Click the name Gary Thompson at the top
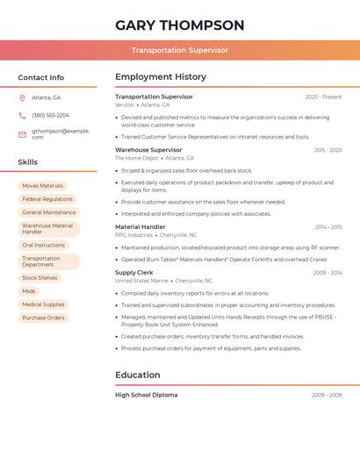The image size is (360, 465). click(x=179, y=25)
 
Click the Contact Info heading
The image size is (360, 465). click(x=41, y=77)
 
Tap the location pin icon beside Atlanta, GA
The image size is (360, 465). click(x=22, y=97)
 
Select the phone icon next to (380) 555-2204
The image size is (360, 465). click(x=22, y=115)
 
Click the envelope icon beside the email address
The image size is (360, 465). click(x=22, y=133)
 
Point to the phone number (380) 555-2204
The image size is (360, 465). click(x=50, y=115)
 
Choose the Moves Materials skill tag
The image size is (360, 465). click(x=42, y=186)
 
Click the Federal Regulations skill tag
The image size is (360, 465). click(x=47, y=199)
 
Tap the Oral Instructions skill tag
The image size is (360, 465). click(x=44, y=246)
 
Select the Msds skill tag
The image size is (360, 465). click(x=29, y=291)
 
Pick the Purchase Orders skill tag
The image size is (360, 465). click(x=43, y=318)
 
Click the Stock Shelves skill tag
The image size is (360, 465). click(x=40, y=278)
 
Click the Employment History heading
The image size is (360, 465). click(x=161, y=77)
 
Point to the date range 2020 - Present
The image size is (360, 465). click(x=323, y=97)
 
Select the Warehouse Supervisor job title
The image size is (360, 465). click(x=148, y=150)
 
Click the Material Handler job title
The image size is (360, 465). click(x=140, y=227)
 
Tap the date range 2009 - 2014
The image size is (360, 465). click(x=327, y=273)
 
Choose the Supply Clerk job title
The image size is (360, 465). click(x=134, y=273)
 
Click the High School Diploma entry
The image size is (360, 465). click(x=146, y=395)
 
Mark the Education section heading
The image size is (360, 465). click(x=138, y=375)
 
